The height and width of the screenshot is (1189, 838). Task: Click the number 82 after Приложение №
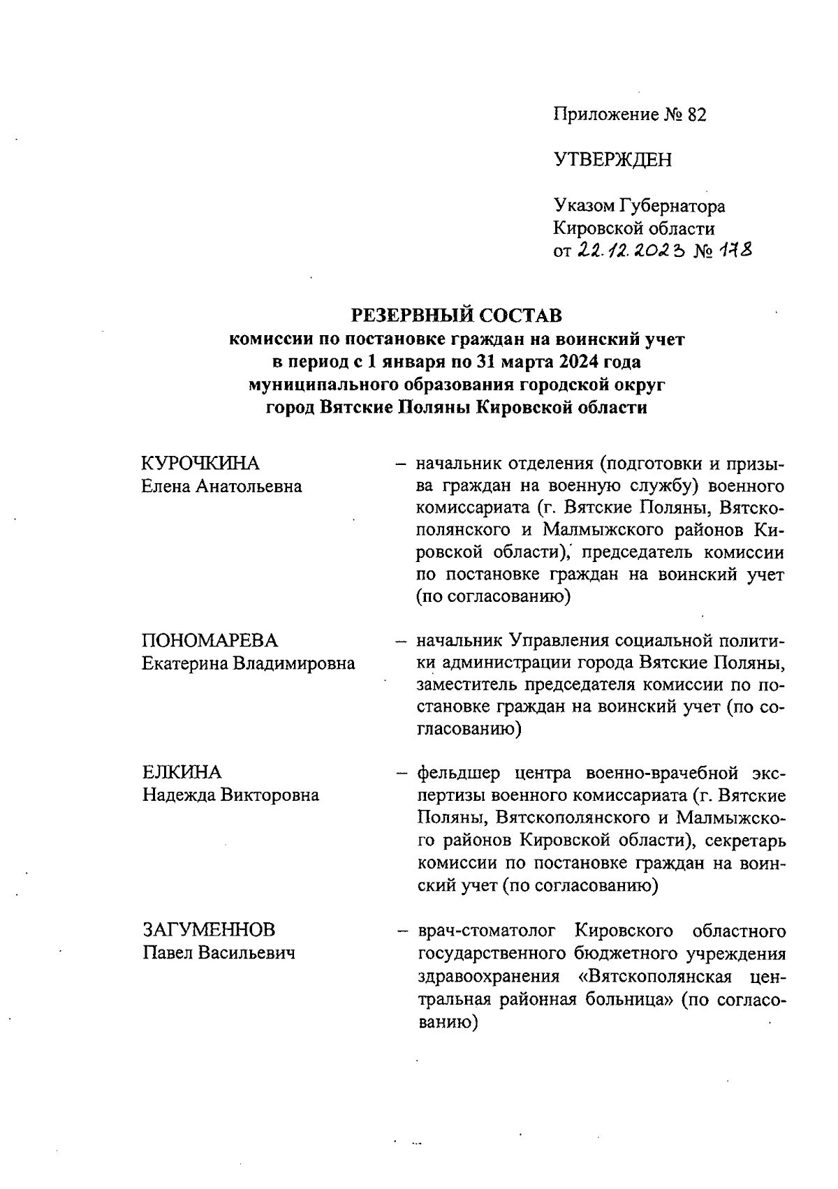point(696,115)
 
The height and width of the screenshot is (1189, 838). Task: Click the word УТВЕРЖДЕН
point(612,161)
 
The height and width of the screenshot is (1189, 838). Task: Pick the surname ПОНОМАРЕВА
point(209,641)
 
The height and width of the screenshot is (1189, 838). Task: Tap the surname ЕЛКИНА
point(182,773)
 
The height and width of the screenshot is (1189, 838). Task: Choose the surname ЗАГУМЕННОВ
point(209,930)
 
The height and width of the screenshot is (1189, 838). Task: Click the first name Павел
point(168,952)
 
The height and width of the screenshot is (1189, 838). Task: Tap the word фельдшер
point(459,774)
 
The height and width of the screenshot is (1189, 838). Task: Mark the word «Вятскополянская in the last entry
point(654,976)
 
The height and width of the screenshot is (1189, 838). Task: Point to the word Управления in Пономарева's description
point(560,641)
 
